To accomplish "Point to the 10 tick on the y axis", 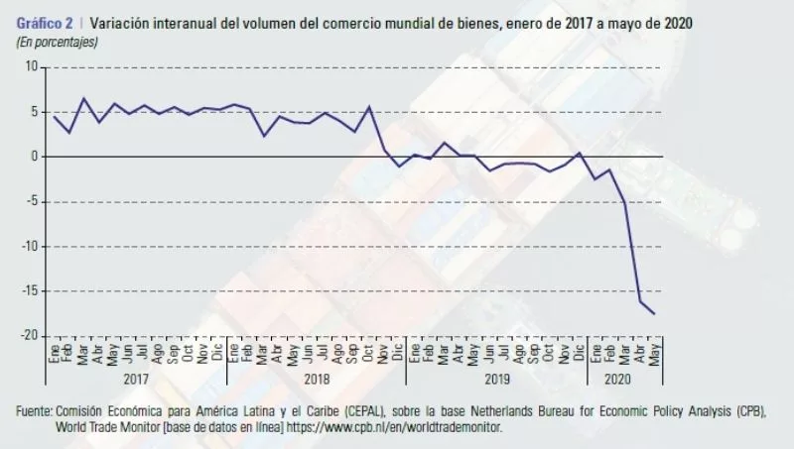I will point(32,67).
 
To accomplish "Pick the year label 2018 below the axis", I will point(317,378).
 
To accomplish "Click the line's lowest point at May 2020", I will point(655,313).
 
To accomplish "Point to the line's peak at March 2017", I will point(82,98).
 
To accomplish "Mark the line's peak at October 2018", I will point(369,107).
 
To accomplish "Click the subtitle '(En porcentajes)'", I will point(58,41).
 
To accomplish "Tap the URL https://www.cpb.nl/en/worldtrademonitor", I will point(395,427).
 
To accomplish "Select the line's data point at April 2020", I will point(640,301).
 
